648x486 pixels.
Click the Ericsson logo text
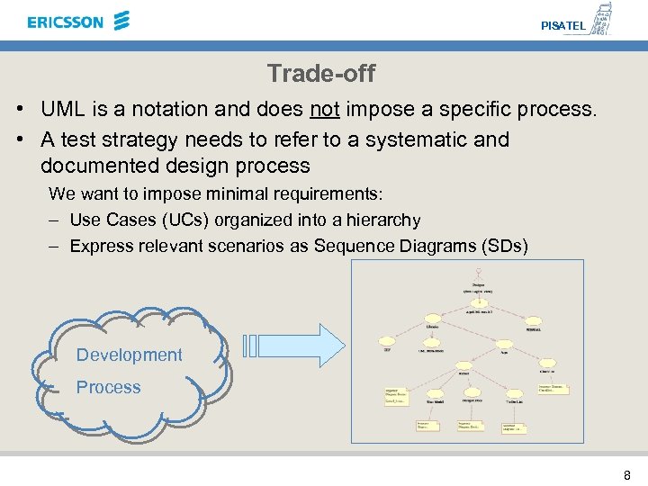click(x=65, y=22)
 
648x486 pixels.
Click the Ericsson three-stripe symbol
click(x=121, y=21)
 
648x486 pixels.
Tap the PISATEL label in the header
click(x=563, y=26)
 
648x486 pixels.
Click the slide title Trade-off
click(x=321, y=73)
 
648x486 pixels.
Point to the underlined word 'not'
click(x=324, y=110)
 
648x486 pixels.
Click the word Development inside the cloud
click(x=129, y=355)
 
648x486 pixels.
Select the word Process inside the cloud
click(x=108, y=387)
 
